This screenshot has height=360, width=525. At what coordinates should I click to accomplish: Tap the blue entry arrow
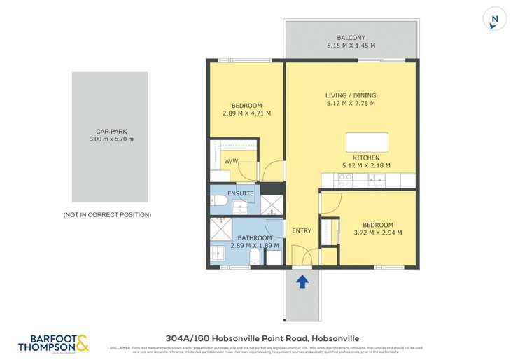tap(302, 282)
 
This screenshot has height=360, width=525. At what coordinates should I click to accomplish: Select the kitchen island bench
tap(367, 141)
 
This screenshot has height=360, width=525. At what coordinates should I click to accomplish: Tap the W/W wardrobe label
tap(232, 162)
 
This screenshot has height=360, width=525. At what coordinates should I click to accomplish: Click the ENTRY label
tap(302, 231)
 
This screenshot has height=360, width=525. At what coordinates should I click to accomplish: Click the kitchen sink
tap(377, 179)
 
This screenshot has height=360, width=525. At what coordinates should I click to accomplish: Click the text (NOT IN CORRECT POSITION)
tap(107, 214)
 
